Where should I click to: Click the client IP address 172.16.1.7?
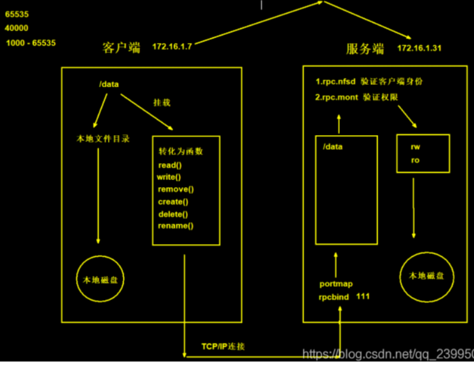(x=172, y=46)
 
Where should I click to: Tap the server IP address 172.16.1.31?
(x=419, y=48)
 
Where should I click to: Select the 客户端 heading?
(x=122, y=48)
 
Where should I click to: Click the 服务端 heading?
(x=365, y=49)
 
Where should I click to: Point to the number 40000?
(x=16, y=28)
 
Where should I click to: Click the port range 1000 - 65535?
(x=31, y=43)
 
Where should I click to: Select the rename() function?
(x=175, y=225)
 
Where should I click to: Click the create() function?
(x=173, y=201)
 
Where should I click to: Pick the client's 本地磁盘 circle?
(x=100, y=279)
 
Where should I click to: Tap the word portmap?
(x=336, y=284)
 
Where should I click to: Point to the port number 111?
(x=363, y=296)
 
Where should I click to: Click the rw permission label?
(x=415, y=147)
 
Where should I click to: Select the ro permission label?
(x=415, y=160)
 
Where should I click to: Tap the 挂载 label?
(x=161, y=102)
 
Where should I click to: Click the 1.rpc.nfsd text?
(x=336, y=81)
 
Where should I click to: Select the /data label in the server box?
(x=332, y=147)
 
